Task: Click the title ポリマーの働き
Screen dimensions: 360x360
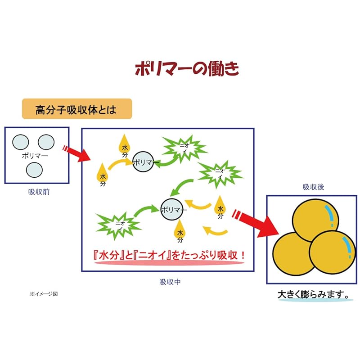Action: pos(187,69)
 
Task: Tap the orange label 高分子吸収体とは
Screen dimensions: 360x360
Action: pos(76,109)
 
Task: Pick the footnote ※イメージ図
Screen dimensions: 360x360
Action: pos(44,294)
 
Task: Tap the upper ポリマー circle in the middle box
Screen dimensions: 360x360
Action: pos(144,162)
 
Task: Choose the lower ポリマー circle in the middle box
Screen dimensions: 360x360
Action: pos(173,210)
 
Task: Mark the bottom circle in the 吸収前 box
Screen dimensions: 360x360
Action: pos(34,170)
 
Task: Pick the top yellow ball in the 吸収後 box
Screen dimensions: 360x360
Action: pos(315,220)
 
